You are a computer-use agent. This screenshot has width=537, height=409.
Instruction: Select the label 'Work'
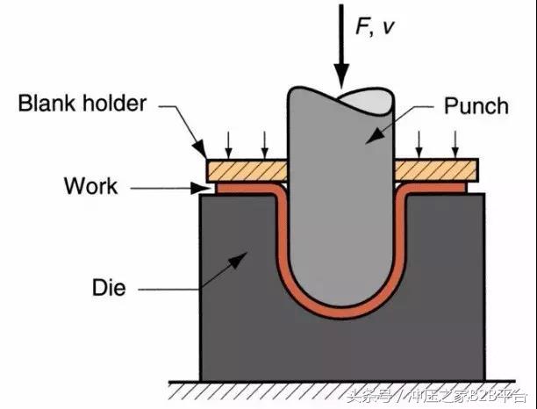click(x=91, y=186)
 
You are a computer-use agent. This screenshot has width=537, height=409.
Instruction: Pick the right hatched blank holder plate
click(x=435, y=168)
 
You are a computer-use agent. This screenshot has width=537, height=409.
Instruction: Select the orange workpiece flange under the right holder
click(x=435, y=185)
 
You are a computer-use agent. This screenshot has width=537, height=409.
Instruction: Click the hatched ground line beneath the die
click(x=342, y=385)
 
